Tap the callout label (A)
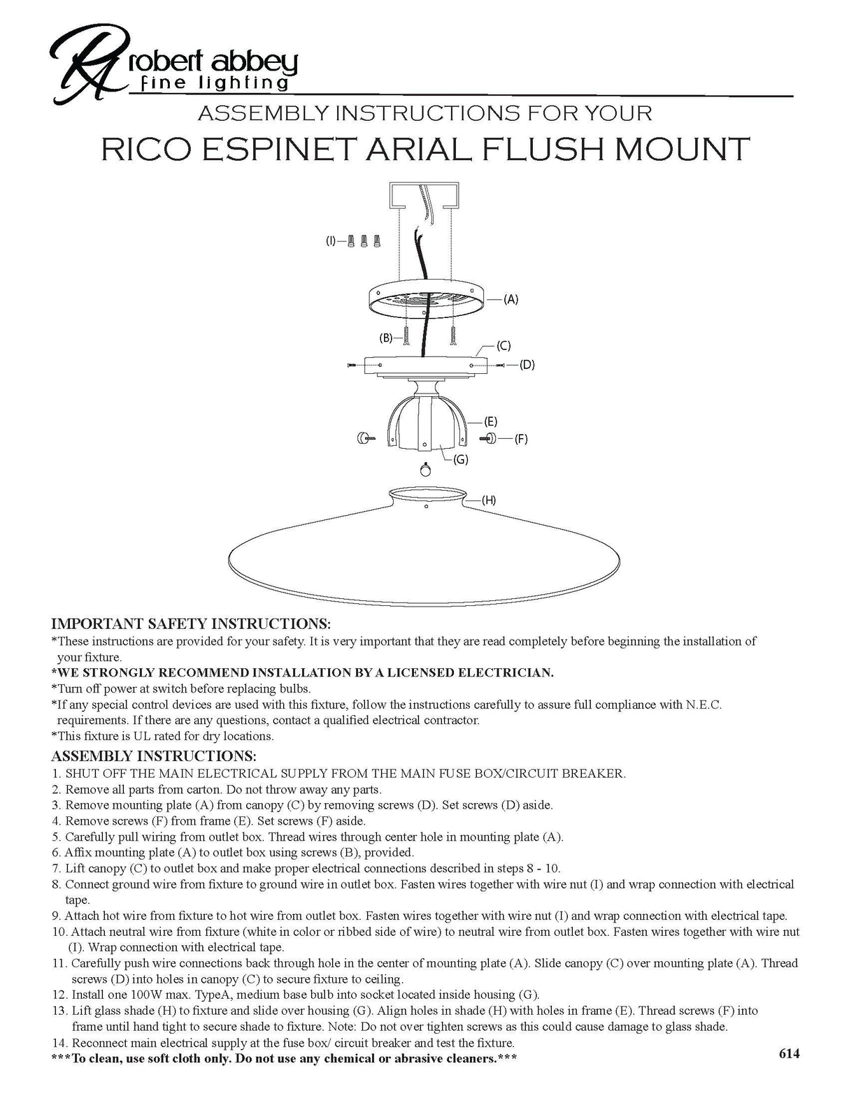pos(511,299)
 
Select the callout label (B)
pos(386,338)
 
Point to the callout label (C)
pos(504,345)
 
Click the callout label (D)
pos(527,365)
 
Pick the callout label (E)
pos(491,421)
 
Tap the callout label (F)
pos(521,439)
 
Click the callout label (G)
pos(461,459)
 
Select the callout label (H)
pos(489,500)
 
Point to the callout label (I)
pos(331,241)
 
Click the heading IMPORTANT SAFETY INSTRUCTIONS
pos(191,623)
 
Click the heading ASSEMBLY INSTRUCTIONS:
pos(154,756)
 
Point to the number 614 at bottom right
pos(789,1053)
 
